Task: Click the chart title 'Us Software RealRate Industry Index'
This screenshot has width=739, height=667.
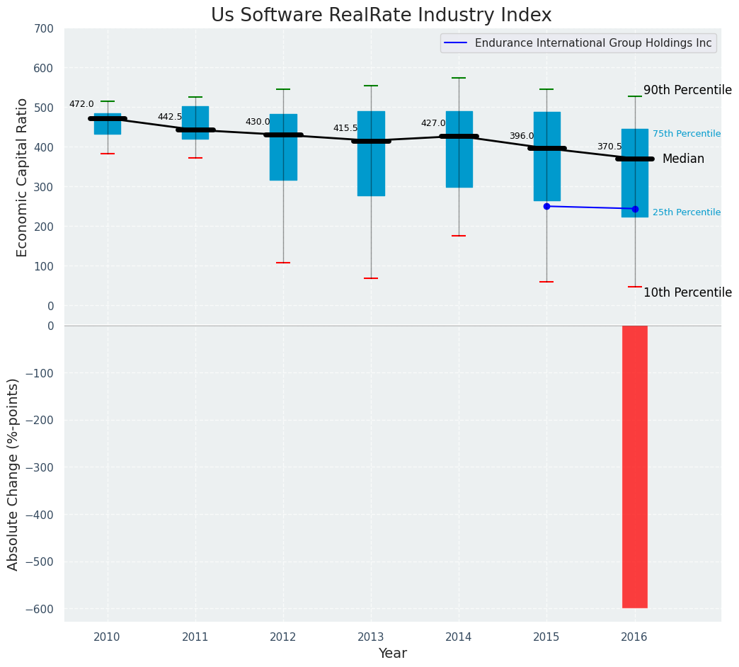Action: (x=381, y=16)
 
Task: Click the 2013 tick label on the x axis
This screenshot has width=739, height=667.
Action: (x=371, y=637)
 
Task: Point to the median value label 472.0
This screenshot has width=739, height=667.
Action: (x=81, y=104)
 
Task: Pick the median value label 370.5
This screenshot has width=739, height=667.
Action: (x=609, y=147)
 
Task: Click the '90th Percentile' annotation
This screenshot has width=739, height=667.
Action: (x=687, y=90)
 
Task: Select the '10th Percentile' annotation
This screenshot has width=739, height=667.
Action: (x=687, y=292)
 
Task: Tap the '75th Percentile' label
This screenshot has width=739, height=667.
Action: (x=687, y=134)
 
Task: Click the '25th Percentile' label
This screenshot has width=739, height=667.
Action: (x=687, y=212)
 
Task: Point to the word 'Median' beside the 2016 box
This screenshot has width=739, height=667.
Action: (x=683, y=159)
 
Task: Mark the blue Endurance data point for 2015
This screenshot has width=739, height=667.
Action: (x=546, y=206)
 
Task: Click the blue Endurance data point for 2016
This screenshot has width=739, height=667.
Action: (x=635, y=209)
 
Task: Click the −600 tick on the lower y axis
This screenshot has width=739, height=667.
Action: (x=40, y=609)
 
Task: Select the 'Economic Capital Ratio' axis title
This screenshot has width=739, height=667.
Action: (x=22, y=177)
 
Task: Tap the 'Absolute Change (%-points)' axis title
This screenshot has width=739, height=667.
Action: (x=13, y=474)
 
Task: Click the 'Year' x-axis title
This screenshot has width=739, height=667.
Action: (x=392, y=654)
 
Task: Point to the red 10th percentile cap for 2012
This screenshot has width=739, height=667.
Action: (x=283, y=263)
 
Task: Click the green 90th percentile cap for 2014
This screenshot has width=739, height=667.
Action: (x=459, y=78)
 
